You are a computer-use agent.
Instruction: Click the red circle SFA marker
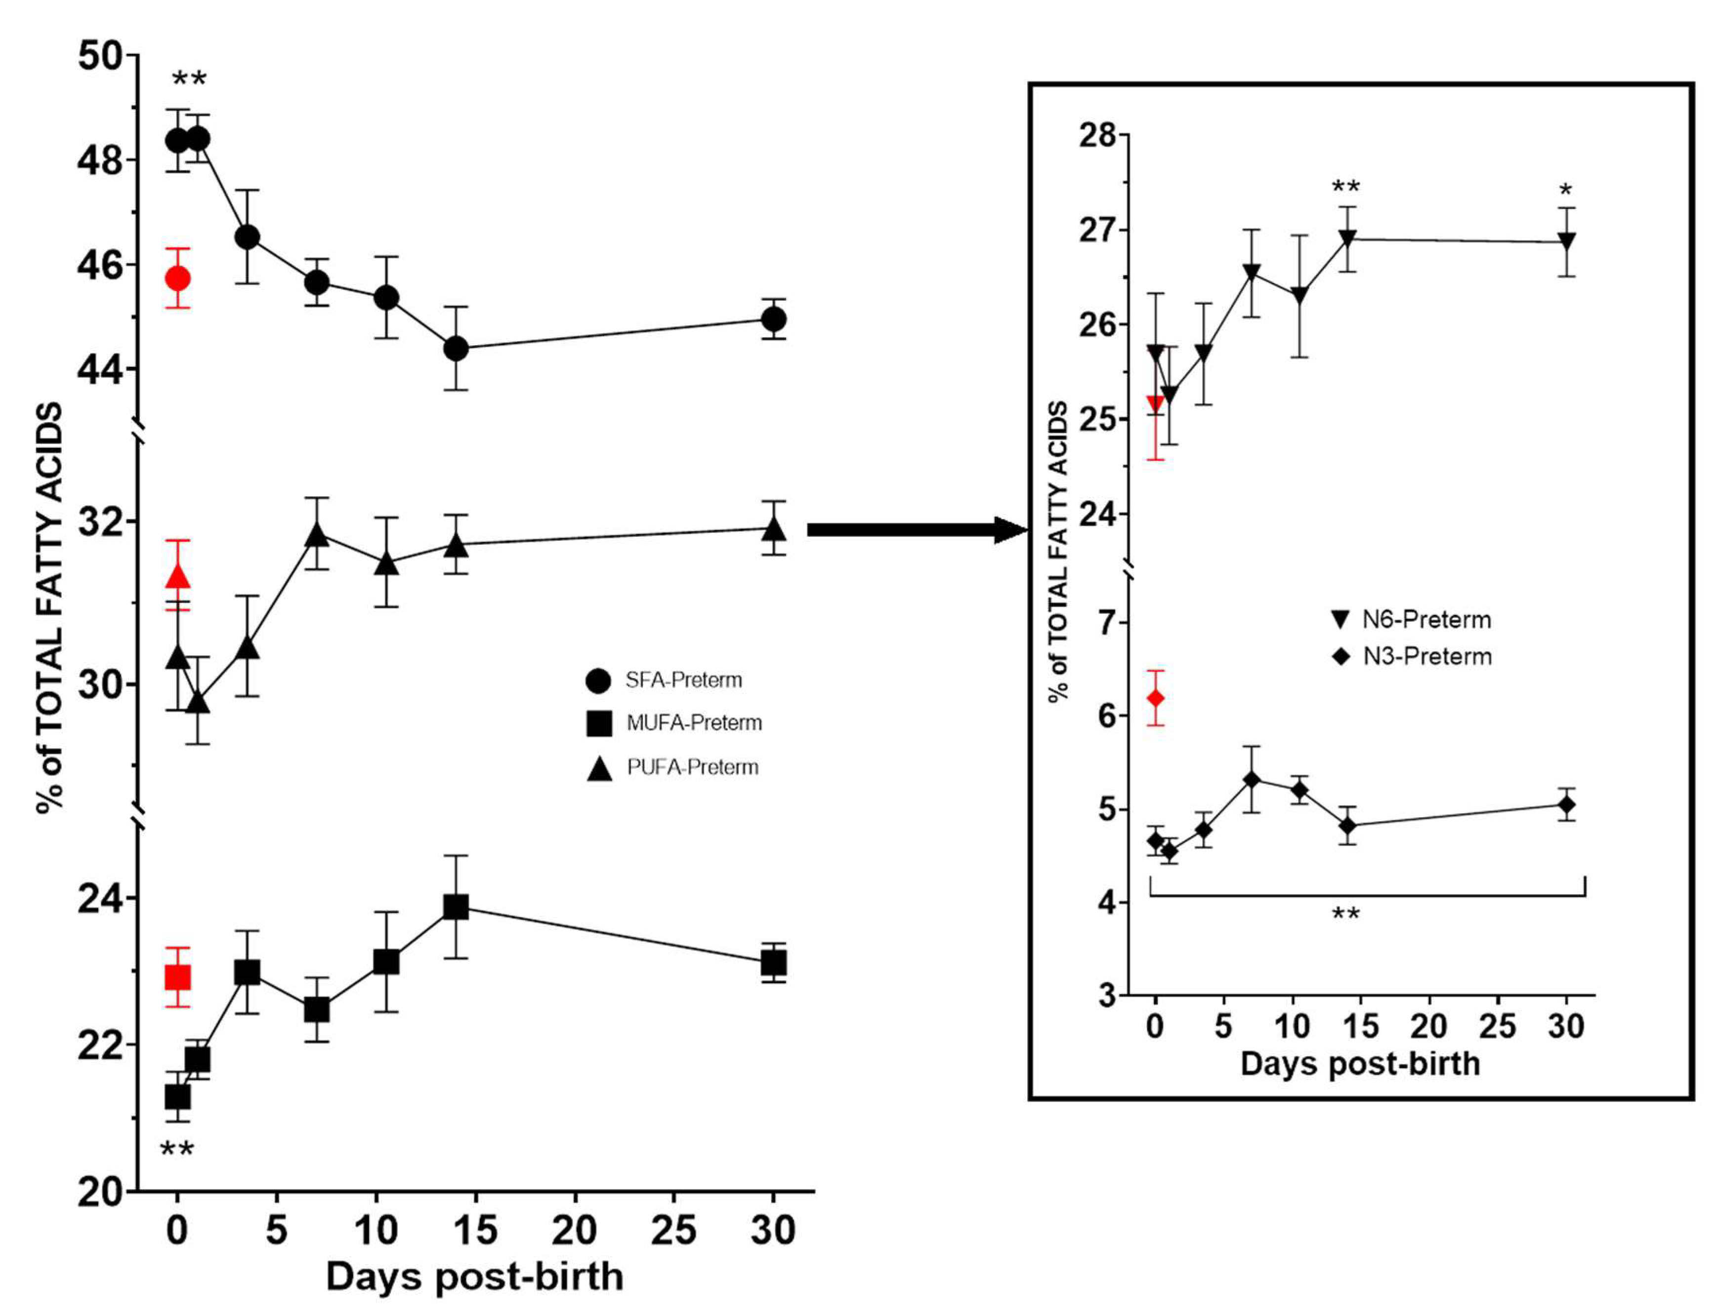(x=178, y=279)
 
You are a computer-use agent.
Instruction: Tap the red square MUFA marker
(x=178, y=978)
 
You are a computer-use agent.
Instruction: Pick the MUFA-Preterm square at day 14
(x=456, y=907)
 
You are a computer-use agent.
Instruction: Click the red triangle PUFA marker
(x=178, y=577)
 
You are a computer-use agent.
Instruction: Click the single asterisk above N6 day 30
(x=1565, y=190)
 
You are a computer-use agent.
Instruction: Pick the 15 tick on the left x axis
(x=475, y=1231)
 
